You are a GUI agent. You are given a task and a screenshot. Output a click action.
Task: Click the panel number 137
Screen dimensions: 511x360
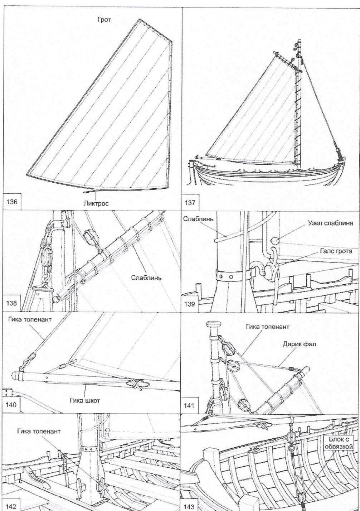(190, 203)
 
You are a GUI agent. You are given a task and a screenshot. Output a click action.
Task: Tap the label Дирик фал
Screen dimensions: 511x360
(294, 344)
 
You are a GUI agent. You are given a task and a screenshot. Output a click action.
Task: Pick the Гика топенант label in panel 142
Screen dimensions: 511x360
(39, 431)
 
